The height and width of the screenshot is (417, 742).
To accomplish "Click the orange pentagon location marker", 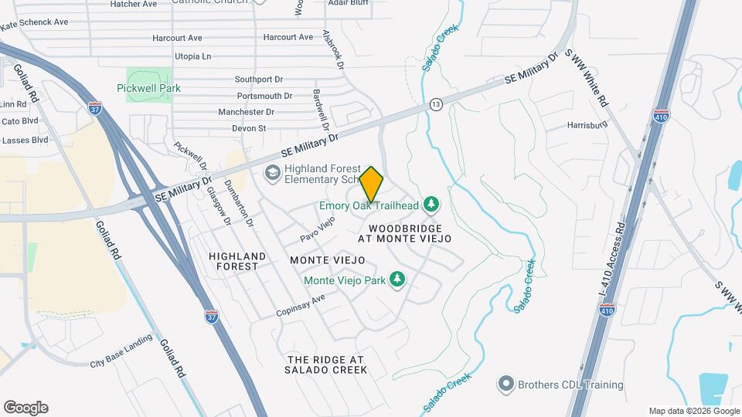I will click(372, 185).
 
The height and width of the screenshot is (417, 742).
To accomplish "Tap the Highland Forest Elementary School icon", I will click(272, 172).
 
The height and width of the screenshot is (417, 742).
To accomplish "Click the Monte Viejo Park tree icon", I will click(398, 279).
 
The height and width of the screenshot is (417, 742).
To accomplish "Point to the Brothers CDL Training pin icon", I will click(506, 383).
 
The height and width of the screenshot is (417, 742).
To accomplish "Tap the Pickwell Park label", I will click(148, 88).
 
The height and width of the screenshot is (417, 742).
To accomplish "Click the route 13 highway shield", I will click(437, 104).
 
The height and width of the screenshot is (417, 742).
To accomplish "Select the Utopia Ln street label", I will click(192, 56).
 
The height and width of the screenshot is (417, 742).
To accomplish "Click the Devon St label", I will click(252, 128).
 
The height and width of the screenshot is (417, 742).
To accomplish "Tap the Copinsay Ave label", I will click(301, 306).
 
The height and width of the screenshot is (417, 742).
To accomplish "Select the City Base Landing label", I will click(121, 359).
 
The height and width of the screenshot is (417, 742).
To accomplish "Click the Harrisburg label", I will click(585, 124).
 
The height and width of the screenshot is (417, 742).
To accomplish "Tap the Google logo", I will click(26, 408).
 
